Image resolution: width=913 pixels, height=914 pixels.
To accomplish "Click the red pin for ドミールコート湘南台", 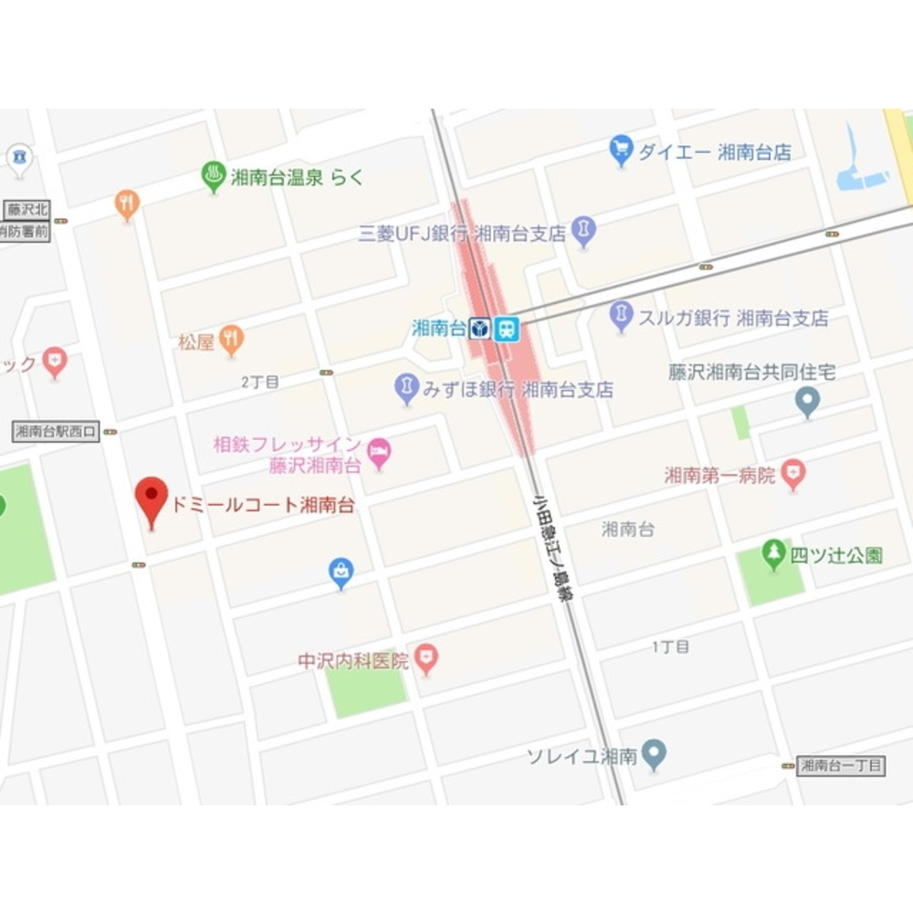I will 152,498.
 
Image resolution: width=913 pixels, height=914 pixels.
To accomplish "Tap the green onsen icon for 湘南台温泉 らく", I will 214,176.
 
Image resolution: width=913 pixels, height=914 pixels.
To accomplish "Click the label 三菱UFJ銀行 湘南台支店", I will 462,233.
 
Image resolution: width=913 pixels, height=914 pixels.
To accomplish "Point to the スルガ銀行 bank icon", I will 621,316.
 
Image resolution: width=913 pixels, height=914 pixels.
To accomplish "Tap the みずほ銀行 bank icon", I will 406,389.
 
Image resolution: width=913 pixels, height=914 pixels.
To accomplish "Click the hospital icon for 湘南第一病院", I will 794,474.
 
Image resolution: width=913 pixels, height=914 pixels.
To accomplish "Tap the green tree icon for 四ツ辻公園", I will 774,552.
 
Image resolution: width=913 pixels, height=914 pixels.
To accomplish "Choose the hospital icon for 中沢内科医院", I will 425,657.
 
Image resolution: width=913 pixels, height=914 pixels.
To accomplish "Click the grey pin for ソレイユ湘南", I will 653,754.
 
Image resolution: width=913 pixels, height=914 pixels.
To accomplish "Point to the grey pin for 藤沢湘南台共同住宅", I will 807,400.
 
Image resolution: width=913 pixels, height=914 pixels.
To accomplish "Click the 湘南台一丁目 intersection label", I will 841,766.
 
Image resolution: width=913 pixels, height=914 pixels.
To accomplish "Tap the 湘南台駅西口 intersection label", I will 56,431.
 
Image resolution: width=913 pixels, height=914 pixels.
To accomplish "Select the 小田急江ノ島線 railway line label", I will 552,547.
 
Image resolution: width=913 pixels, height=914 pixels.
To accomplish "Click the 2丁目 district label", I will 260,382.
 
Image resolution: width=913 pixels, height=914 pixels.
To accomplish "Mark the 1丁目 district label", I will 670,646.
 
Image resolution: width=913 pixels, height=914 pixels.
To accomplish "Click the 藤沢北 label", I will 25,209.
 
